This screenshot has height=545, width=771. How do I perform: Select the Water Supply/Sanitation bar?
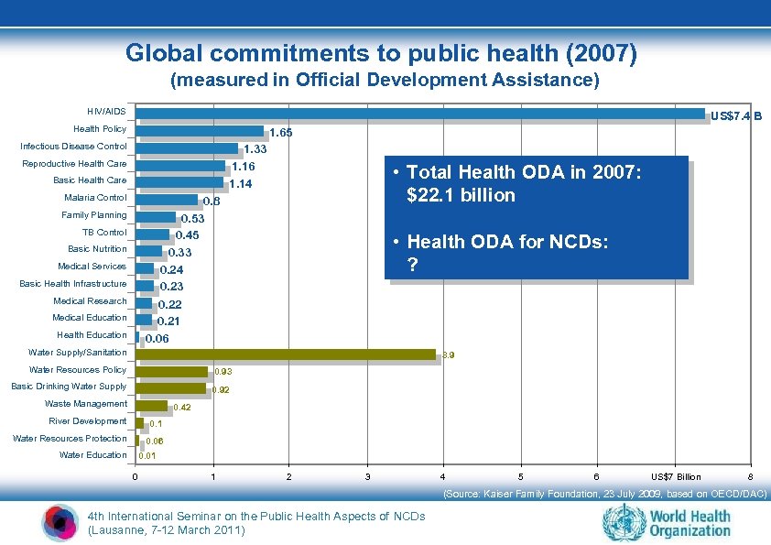coord(286,354)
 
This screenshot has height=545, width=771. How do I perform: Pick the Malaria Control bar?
coord(167,199)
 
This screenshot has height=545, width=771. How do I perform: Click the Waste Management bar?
coord(151,405)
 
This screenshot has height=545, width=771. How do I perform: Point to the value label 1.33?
coord(255,149)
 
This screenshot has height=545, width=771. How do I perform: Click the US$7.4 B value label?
coord(736,116)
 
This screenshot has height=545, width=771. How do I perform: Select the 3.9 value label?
coord(448,354)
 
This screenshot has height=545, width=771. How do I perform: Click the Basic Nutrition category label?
coord(97,249)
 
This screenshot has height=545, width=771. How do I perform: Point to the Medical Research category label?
coord(90,301)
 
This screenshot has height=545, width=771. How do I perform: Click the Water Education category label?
coord(92,455)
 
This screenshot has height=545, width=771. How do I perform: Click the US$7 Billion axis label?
coord(676,477)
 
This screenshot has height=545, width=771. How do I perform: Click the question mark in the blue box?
coord(414,264)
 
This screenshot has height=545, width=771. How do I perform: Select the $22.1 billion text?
coord(462,195)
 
